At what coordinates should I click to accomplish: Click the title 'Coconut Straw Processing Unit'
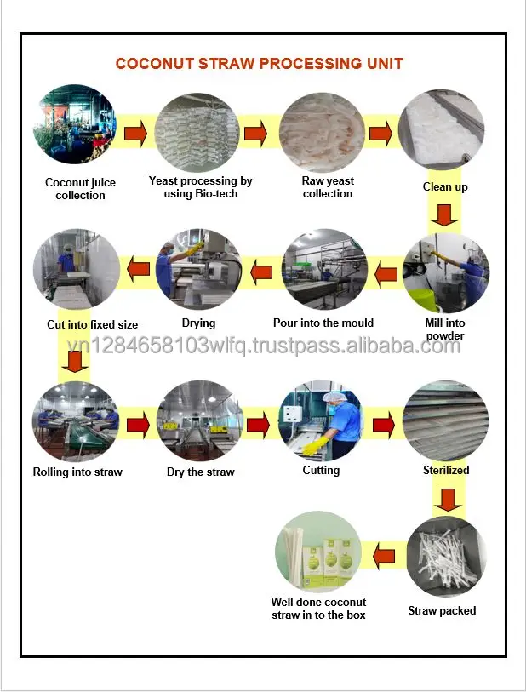[x=259, y=63]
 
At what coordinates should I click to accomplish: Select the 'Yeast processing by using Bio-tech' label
[x=200, y=187]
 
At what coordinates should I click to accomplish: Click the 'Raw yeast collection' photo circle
[x=323, y=133]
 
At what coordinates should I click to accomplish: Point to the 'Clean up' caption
[x=444, y=186]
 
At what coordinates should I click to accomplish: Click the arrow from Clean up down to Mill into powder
[x=444, y=214]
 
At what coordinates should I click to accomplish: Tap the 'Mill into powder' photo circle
[x=444, y=272]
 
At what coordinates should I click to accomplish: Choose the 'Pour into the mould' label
[x=323, y=323]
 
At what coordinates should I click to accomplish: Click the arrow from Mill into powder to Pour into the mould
[x=386, y=273]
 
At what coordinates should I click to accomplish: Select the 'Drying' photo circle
[x=198, y=270]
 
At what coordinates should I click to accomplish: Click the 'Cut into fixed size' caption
[x=92, y=324]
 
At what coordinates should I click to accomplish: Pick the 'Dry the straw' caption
[x=200, y=472]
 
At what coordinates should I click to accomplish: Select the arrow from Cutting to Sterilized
[x=384, y=423]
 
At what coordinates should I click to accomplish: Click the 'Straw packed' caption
[x=442, y=610]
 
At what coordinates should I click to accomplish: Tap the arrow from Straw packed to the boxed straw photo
[x=385, y=556]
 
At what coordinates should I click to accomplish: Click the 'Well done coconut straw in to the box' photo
[x=318, y=553]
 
